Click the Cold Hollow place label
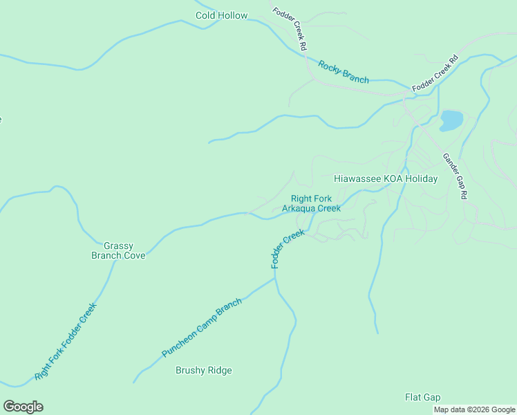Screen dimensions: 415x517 click(x=221, y=15)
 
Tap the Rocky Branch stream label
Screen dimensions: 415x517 click(x=344, y=72)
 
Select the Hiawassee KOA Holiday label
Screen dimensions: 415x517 click(x=386, y=178)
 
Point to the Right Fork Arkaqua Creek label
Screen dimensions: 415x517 click(x=311, y=203)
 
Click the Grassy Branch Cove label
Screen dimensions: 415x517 click(x=118, y=250)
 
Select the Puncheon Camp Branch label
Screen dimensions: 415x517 click(x=202, y=328)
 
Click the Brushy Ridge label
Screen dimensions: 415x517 click(x=204, y=370)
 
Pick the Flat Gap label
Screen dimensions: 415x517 click(x=422, y=397)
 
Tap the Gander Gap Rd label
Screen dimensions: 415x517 click(x=454, y=176)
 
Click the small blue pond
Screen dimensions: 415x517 click(x=451, y=120)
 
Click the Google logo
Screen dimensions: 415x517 click(x=23, y=407)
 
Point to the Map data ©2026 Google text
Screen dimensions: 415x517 click(x=475, y=409)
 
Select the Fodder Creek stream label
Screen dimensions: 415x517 click(x=288, y=249)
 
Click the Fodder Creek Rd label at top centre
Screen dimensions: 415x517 click(x=290, y=28)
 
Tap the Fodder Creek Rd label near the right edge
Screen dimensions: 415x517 click(x=435, y=75)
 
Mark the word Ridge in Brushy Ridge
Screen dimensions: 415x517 click(x=219, y=370)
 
